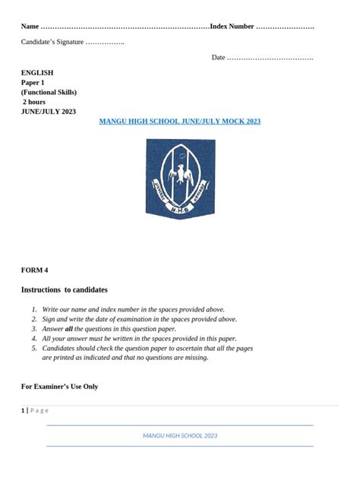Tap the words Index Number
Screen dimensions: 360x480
point(232,27)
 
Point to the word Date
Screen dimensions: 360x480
point(218,58)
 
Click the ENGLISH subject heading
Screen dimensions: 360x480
point(36,73)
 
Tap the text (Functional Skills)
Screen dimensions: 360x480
point(49,93)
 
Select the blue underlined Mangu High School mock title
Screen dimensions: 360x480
point(180,122)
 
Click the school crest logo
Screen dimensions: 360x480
point(180,179)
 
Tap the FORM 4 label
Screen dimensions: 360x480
point(34,270)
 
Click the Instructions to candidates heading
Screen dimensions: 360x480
point(64,290)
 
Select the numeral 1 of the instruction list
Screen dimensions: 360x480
point(33,310)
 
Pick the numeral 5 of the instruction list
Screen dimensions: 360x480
point(34,348)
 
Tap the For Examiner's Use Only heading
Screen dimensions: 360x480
point(59,387)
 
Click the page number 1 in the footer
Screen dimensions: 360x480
point(23,410)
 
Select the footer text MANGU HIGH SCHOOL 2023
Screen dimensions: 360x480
point(180,435)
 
